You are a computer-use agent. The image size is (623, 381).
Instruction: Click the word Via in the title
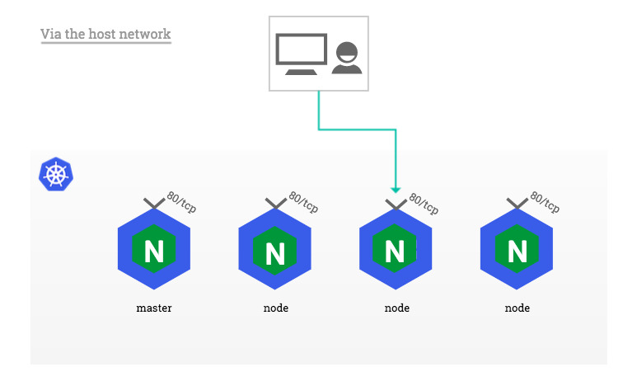51,34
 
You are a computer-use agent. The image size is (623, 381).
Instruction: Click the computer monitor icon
301,54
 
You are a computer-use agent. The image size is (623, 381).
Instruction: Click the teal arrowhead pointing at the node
396,188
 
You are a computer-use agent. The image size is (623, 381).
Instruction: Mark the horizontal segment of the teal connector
358,129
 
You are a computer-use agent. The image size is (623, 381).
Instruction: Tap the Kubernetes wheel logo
56,175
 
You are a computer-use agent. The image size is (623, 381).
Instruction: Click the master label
154,308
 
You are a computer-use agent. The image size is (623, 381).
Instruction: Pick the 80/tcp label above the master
181,201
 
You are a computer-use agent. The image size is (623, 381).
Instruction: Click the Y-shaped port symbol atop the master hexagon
154,204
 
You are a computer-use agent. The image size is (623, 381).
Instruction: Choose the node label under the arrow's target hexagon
396,308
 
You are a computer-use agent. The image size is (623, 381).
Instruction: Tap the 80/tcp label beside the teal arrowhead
424,201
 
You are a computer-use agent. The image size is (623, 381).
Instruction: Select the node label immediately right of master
275,308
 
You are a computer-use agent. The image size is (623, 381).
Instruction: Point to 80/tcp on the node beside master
302,201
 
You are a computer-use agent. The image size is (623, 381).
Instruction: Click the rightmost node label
517,308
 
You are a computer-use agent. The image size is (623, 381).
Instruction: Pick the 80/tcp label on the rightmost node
544,201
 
